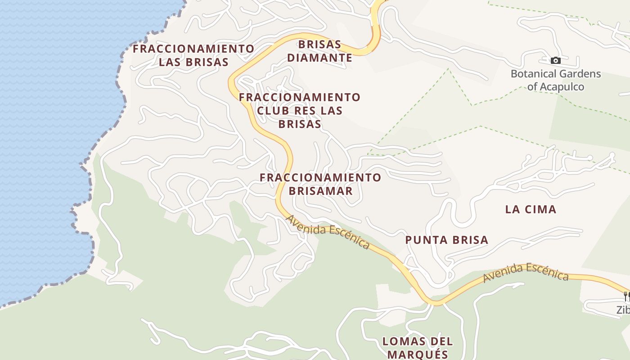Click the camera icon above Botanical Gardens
(556, 60)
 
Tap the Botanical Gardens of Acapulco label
(556, 80)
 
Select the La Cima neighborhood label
(531, 209)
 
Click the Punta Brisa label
(447, 240)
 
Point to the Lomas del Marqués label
(418, 347)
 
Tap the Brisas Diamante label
(320, 51)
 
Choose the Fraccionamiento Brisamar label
(320, 184)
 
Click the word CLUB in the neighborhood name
(274, 111)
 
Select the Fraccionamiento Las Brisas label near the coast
(193, 55)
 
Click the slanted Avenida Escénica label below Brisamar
(328, 232)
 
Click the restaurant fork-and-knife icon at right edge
(626, 296)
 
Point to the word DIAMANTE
(320, 58)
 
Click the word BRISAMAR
(320, 191)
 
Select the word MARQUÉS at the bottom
(418, 354)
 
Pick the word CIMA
(541, 209)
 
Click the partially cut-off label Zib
(623, 310)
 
